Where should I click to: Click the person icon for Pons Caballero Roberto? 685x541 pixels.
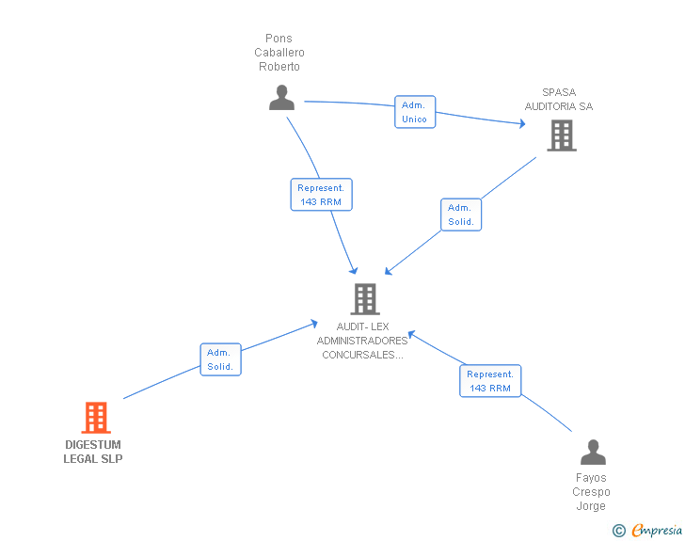point(281,98)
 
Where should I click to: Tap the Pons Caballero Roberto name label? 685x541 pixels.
point(279,53)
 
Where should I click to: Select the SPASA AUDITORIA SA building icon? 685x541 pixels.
point(562,136)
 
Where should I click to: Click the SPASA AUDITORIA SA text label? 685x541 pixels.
point(566,100)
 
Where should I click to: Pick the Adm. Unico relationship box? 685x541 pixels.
point(414,112)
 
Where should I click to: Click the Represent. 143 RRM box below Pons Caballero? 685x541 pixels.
point(321,195)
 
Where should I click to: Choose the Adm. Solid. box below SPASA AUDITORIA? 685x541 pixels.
point(461,215)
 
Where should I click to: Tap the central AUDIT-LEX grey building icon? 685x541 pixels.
point(364,299)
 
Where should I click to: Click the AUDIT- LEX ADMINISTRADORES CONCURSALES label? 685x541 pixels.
point(362,341)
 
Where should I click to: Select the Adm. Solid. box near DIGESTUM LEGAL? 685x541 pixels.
point(221,359)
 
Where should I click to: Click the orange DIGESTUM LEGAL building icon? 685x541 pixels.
point(96,418)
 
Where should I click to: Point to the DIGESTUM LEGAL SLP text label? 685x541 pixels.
point(93,452)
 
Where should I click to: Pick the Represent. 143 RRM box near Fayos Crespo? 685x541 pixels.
point(490,381)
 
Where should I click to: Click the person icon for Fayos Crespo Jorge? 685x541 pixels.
point(593,453)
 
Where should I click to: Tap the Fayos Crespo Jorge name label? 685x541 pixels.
point(592,492)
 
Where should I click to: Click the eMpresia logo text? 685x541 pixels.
point(657,531)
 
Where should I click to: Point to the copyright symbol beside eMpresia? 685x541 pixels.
point(619,531)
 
